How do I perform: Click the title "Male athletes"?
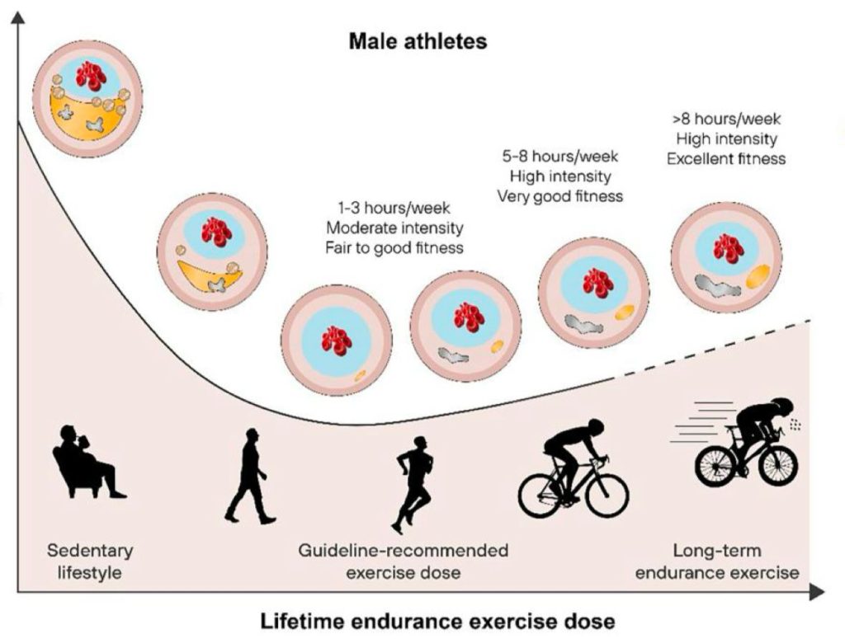[418, 40]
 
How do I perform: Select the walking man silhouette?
[249, 476]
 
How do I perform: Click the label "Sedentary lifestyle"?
[90, 561]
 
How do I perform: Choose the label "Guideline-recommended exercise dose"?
[404, 561]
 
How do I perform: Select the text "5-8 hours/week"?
[560, 156]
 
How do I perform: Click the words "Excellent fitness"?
[727, 158]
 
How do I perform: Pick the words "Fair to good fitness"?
[395, 247]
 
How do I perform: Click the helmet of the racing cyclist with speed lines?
[780, 406]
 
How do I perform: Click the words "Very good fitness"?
[560, 195]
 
